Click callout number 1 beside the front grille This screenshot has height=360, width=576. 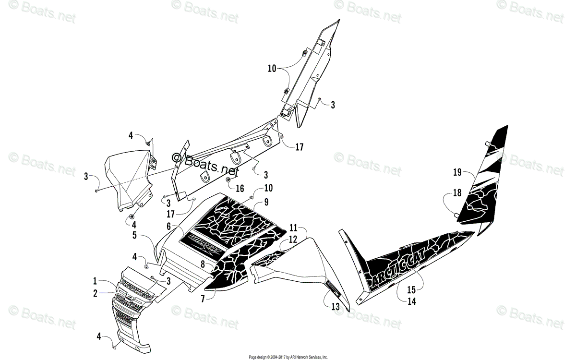(95, 280)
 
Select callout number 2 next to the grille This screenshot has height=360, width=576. (95, 292)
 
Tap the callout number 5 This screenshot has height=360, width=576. (135, 236)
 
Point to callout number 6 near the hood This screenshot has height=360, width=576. (169, 226)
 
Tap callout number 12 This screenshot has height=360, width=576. (293, 239)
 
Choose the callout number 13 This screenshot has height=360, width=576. (334, 306)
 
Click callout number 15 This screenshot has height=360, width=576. (411, 290)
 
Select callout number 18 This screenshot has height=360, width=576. (457, 193)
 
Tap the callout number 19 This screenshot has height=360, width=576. (457, 171)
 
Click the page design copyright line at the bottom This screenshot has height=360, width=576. (288, 357)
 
